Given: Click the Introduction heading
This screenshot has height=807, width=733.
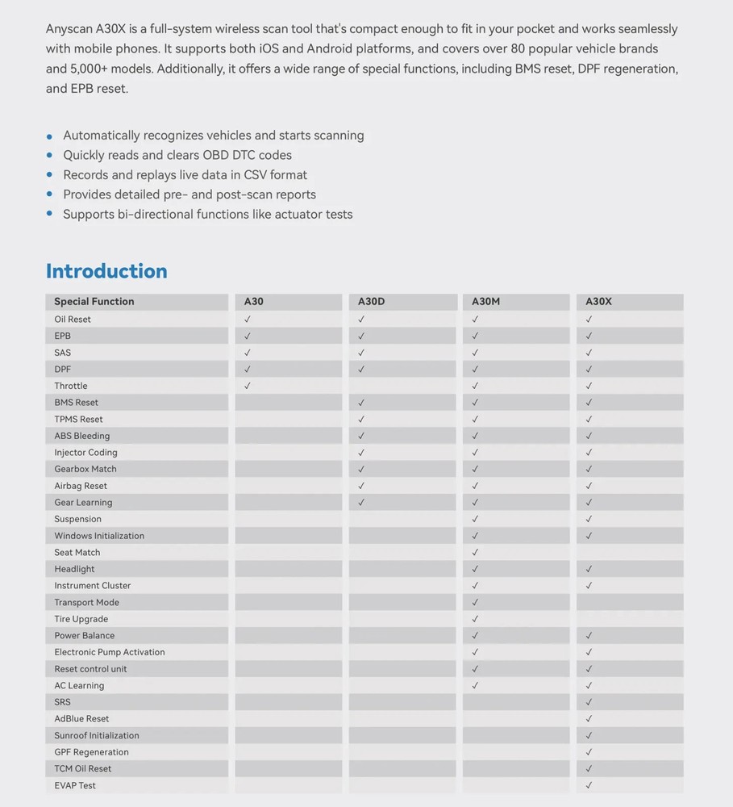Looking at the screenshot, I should (106, 271).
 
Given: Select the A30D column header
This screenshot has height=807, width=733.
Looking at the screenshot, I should (372, 302).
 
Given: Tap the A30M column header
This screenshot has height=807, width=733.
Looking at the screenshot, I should (485, 302).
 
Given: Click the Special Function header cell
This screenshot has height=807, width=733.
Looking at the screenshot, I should (94, 302).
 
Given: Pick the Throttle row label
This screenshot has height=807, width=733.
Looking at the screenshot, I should (71, 386).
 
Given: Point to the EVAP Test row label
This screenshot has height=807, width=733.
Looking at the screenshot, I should (75, 785).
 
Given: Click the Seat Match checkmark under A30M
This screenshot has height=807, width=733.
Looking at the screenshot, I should (475, 553).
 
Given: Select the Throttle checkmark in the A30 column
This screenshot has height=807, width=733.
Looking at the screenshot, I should (248, 386).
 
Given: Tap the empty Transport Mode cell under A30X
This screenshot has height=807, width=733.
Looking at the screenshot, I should (629, 603).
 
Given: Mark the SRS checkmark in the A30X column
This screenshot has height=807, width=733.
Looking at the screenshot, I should (589, 702).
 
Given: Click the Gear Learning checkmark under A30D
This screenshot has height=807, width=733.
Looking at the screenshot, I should (361, 503).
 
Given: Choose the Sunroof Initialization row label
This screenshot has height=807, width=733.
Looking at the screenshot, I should (97, 736).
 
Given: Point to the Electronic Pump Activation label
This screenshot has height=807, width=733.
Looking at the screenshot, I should (110, 652).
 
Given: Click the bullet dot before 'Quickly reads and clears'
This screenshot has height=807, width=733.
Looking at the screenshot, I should (50, 156).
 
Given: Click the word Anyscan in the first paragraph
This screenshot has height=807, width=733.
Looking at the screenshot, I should (70, 29).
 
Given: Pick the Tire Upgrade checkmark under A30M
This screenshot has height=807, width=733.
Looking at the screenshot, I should (475, 619).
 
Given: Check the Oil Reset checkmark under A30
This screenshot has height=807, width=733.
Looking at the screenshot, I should (248, 320).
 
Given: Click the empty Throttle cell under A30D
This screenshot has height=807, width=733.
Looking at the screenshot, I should (402, 386).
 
